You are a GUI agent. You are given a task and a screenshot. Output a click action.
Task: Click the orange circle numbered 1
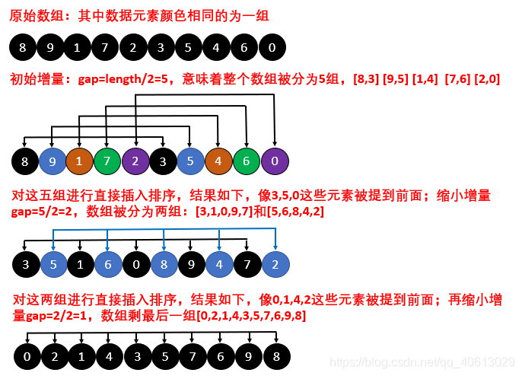coord(78,161)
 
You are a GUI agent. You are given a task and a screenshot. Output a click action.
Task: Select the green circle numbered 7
coord(107,161)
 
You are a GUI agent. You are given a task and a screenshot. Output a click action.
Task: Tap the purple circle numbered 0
coord(275,161)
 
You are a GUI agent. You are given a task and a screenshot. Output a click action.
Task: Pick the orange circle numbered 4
coord(218,161)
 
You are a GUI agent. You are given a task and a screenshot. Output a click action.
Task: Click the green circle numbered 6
coord(247,161)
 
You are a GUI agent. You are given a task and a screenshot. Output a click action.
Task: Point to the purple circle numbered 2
coord(135,161)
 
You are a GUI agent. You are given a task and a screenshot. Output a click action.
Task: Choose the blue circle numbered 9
coord(51,161)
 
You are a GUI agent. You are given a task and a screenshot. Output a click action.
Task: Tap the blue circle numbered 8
coord(164,265)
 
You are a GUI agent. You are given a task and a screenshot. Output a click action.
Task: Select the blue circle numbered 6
coord(107,265)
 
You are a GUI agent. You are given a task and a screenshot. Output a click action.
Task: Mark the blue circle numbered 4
coord(219,265)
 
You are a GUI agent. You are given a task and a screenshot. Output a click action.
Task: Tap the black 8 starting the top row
coord(23,49)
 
